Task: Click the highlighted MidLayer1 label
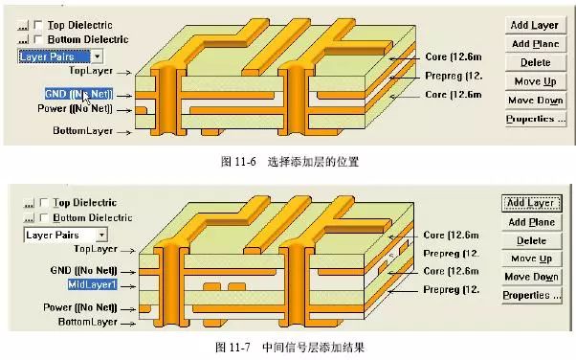pyautogui.click(x=91, y=285)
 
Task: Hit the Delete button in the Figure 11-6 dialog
pyautogui.click(x=535, y=62)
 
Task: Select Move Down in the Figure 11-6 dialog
pyautogui.click(x=535, y=100)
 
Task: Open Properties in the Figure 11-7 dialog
pyautogui.click(x=533, y=295)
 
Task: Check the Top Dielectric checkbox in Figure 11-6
pyautogui.click(x=36, y=24)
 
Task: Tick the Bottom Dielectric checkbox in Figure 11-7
pyautogui.click(x=42, y=218)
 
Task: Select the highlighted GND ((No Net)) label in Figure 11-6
pyautogui.click(x=79, y=94)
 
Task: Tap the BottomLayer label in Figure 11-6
pyautogui.click(x=82, y=130)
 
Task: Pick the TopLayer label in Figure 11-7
pyautogui.click(x=88, y=249)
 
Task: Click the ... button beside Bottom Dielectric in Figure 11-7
pyautogui.click(x=26, y=218)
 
